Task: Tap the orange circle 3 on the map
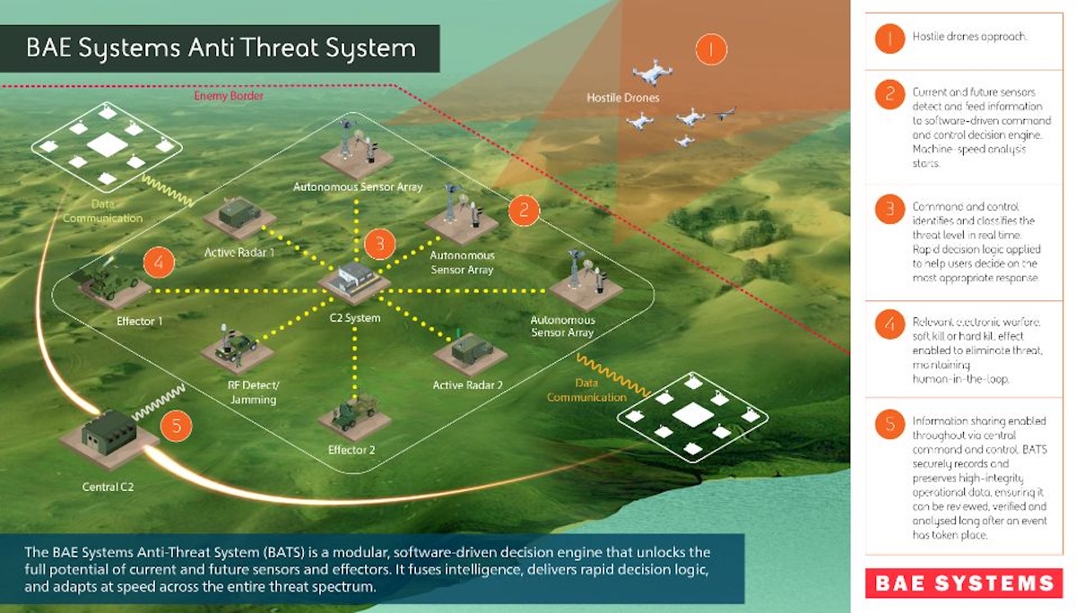point(379,243)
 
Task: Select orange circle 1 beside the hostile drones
point(712,48)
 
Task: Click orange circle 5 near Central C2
point(176,426)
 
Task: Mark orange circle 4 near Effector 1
point(158,263)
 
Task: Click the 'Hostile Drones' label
point(623,97)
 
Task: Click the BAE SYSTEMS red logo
point(963,583)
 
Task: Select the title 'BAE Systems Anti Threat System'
point(221,47)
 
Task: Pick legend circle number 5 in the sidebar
point(889,423)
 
